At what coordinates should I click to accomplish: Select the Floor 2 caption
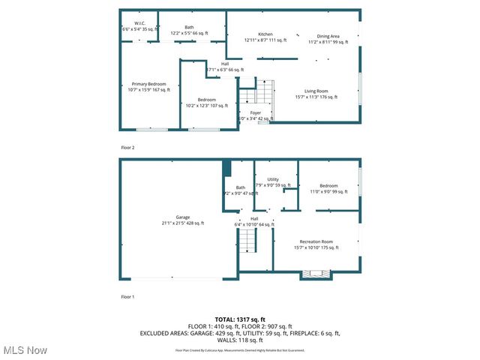coord(127,148)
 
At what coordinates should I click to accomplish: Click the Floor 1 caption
coord(127,297)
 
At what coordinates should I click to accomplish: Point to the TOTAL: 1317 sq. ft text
coord(240,319)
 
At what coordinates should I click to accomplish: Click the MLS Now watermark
coord(25,350)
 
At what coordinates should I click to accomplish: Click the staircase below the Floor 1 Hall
coord(248,241)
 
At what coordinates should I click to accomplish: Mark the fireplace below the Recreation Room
coord(310,275)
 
